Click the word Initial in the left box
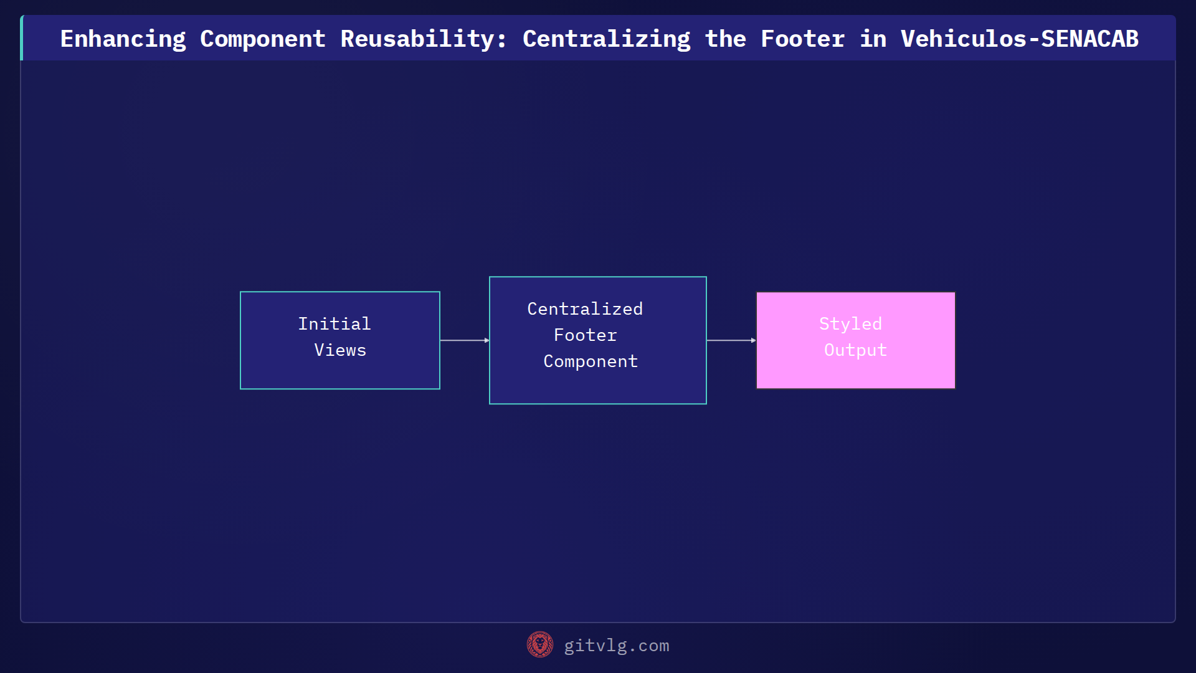335,324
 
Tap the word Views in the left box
340,350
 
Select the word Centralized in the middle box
585,309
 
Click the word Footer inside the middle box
585,335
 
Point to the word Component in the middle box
591,361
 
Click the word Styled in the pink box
850,324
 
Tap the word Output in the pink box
855,350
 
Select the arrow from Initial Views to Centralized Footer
465,340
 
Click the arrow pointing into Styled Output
731,340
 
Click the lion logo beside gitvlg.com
539,645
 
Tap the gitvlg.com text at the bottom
617,646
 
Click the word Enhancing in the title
123,39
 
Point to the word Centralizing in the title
606,39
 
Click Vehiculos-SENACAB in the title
1019,39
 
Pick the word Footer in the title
802,39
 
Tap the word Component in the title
262,39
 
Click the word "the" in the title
725,39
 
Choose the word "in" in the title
873,39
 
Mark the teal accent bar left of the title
22,38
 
